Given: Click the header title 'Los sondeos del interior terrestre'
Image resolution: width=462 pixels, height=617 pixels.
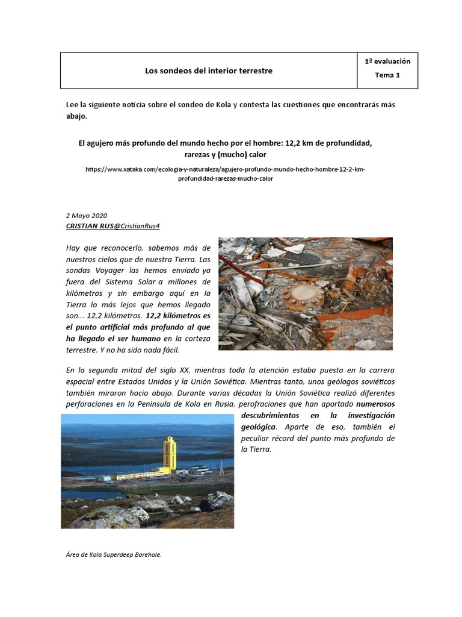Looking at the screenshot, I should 208,70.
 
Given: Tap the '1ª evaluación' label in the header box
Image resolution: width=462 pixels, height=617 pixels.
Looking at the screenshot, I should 387,61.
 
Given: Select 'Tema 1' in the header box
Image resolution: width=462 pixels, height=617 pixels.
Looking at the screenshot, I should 387,75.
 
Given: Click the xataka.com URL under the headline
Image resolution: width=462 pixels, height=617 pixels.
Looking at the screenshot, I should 225,174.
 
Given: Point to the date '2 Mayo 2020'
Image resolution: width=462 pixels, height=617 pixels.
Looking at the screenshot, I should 87,216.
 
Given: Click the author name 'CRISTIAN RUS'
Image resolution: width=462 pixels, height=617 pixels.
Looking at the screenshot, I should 89,225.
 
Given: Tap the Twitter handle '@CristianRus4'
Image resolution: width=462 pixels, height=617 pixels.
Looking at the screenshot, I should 137,225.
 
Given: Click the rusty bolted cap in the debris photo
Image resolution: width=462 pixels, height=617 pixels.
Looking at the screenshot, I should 299,296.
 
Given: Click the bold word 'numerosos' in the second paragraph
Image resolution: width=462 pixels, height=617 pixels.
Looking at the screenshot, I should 375,404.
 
